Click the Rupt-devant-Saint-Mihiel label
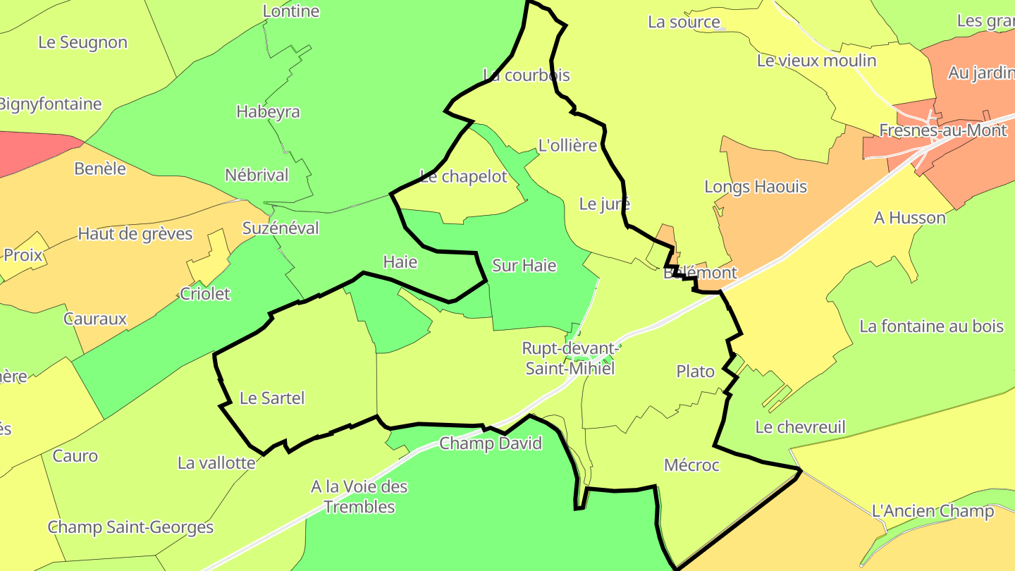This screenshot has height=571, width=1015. [x=570, y=358]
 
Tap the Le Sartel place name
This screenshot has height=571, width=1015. [x=272, y=398]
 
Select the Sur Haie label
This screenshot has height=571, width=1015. [x=524, y=266]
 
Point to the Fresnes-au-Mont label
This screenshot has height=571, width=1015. [x=943, y=130]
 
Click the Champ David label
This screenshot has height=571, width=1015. [x=491, y=443]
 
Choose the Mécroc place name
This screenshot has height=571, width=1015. [x=691, y=465]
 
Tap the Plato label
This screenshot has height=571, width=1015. [x=695, y=372]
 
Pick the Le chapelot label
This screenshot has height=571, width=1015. [x=463, y=177]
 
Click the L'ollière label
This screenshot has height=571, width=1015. [x=567, y=146]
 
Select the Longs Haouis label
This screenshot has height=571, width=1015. [x=756, y=187]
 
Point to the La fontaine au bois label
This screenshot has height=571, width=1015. [x=931, y=326]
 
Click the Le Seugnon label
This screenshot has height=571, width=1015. [x=82, y=42]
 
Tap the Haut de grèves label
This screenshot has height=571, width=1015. [x=135, y=234]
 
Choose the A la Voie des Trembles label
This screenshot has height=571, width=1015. [x=359, y=496]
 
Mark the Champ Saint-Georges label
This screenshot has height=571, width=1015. [x=130, y=527]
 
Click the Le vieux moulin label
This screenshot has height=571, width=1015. [x=816, y=61]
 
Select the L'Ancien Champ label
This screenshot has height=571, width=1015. [x=933, y=511]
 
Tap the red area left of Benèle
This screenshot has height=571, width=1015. [x=28, y=152]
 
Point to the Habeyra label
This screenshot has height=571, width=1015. [x=268, y=112]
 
